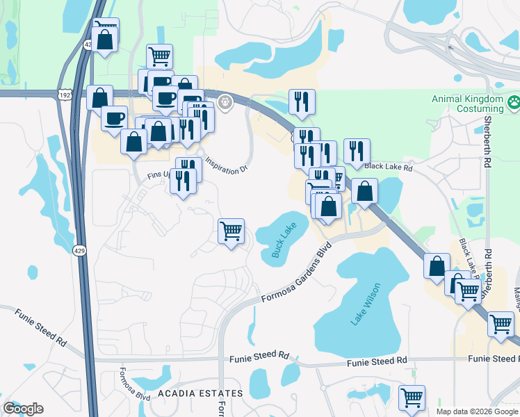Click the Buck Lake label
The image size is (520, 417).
click(284, 240)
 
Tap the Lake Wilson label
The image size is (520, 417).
click(366, 304)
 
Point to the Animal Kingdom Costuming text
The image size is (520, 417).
click(467, 104)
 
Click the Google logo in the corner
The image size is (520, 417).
click(23, 409)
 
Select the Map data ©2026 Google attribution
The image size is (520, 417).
click(477, 411)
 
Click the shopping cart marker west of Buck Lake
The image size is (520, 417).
click(231, 231)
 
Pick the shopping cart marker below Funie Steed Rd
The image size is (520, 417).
click(412, 398)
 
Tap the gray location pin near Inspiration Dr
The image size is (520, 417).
click(225, 103)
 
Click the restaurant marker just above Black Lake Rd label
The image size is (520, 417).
click(356, 152)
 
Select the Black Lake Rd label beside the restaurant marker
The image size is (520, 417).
click(389, 167)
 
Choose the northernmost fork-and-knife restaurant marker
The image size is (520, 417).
click(302, 102)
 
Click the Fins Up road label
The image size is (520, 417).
click(159, 175)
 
